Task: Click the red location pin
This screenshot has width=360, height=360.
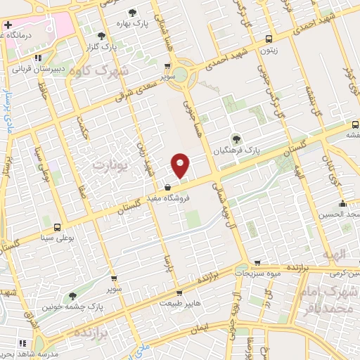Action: [181, 165]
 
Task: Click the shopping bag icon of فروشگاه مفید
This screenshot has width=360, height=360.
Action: [168, 188]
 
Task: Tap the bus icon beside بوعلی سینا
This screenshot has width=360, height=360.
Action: [57, 227]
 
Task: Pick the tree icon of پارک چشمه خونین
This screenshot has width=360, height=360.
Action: [72, 296]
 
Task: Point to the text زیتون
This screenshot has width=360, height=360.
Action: [268, 51]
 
